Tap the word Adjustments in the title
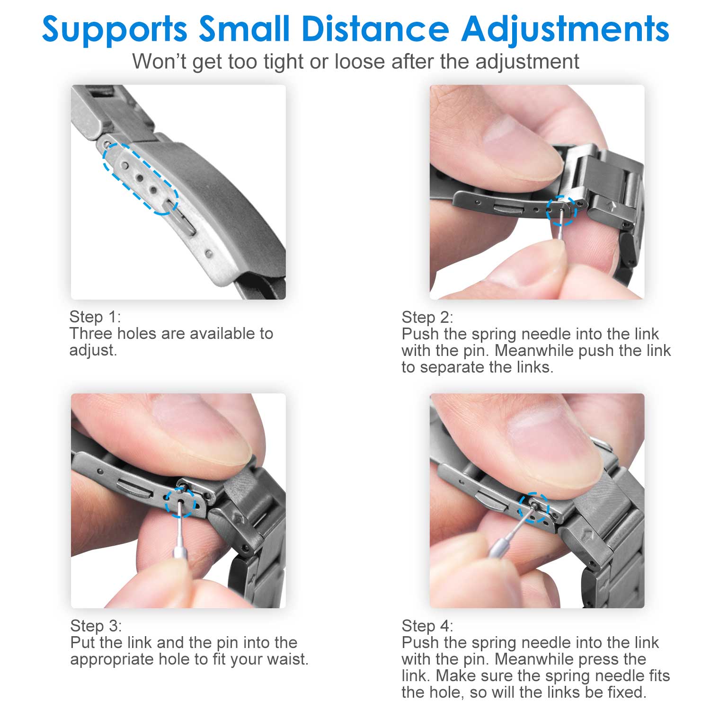[x=565, y=29]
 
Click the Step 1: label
[x=95, y=317]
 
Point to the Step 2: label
[x=427, y=317]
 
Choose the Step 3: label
[x=96, y=626]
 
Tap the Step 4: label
[x=427, y=626]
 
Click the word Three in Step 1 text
[x=91, y=334]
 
